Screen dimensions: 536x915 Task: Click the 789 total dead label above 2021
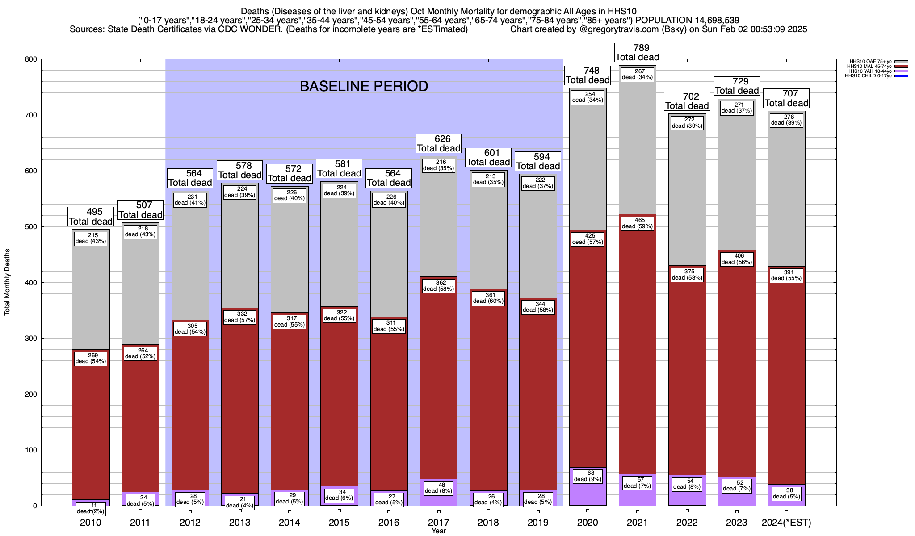[x=638, y=52]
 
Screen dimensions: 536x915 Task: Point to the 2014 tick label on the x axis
[x=290, y=523]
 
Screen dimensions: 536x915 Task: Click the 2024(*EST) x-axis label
[x=786, y=523]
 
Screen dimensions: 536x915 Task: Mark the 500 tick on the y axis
[x=31, y=227]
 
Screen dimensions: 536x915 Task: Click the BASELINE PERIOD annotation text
[x=364, y=86]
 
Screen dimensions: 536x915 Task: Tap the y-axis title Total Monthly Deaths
[x=7, y=282]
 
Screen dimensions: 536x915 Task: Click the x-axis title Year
[x=439, y=531]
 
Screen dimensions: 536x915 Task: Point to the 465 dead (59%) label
[x=638, y=223]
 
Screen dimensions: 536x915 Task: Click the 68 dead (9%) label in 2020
[x=588, y=476]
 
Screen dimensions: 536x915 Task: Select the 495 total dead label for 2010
[x=91, y=217]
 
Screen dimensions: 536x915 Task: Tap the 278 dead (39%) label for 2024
[x=786, y=120]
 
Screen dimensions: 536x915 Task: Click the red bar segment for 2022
[x=687, y=380]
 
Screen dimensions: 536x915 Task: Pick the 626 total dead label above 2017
[x=439, y=143]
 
